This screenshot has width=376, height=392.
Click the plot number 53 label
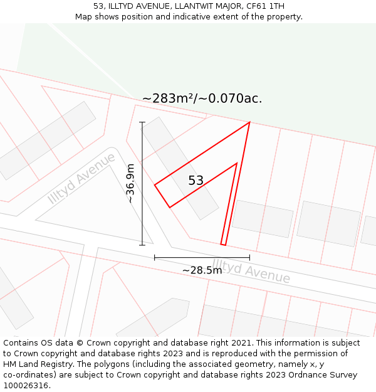coord(196,181)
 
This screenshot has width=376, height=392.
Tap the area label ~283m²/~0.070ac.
coord(202,98)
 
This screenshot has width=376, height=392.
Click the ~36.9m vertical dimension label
coord(130,184)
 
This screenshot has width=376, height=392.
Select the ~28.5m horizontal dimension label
coord(202,270)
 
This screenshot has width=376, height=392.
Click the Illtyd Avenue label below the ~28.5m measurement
coord(251,271)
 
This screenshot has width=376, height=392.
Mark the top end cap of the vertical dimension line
coord(142,122)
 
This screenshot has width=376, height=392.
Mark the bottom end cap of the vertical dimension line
coord(142,245)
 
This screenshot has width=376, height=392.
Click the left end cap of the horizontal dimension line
coord(155,257)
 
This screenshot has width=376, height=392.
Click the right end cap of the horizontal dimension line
coord(249,257)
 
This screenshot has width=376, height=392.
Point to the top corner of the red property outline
coord(249,122)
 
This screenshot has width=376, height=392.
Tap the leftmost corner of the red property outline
coord(155,184)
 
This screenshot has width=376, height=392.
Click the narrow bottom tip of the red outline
coord(223,244)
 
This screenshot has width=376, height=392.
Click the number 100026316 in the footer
coord(26,386)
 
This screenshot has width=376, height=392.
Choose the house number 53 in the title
coord(98,6)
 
